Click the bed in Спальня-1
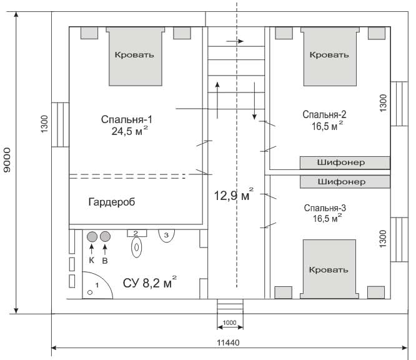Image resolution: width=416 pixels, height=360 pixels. click(136, 56)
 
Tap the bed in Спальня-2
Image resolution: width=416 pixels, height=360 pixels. click(330, 56)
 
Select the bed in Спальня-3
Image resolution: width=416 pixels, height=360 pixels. click(329, 269)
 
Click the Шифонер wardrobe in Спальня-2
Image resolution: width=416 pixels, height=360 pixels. click(345, 162)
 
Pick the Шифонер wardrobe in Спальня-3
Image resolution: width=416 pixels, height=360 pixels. click(345, 182)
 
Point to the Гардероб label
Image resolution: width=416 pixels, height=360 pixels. click(112, 202)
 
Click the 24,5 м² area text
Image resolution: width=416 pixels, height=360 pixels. click(130, 131)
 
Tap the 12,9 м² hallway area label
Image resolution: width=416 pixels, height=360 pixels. click(234, 195)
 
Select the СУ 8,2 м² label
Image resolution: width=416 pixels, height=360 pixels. click(150, 282)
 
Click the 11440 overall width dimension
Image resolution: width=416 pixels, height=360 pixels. click(228, 342)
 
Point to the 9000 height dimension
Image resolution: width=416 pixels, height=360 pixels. click(7, 160)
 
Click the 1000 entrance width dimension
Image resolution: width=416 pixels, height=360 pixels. click(229, 322)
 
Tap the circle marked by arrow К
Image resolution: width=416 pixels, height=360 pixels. click(92, 236)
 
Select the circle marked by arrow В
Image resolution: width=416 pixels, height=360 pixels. click(105, 236)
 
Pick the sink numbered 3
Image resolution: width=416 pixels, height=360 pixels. click(166, 236)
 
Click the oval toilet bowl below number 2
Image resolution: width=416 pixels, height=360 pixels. click(136, 247)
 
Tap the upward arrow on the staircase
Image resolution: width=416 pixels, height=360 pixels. click(217, 100)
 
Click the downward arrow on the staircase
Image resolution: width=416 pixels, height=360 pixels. click(254, 101)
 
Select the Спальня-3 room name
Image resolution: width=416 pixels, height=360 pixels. click(325, 208)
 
